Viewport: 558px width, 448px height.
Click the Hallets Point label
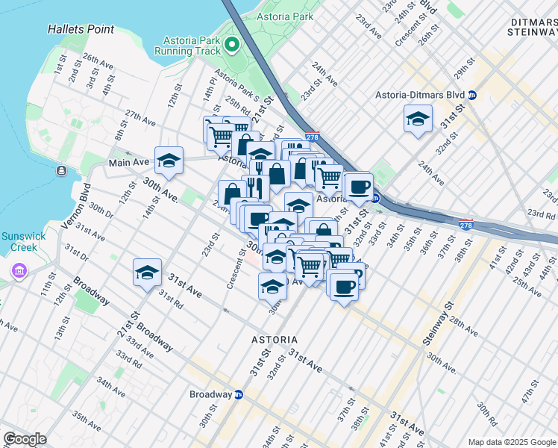pos(81,29)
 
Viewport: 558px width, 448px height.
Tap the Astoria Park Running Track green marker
pos(231,46)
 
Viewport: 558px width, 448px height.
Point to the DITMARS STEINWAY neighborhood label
pos(531,28)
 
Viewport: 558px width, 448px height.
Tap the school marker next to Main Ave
pos(169,161)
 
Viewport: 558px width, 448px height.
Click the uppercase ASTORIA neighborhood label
pos(275,339)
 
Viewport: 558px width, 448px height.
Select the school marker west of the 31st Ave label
pos(147,272)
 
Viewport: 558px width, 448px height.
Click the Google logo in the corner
pos(25,438)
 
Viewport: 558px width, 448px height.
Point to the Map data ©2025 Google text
pos(511,442)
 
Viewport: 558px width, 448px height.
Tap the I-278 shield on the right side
pos(465,225)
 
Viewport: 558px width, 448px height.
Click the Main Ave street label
pos(128,162)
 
